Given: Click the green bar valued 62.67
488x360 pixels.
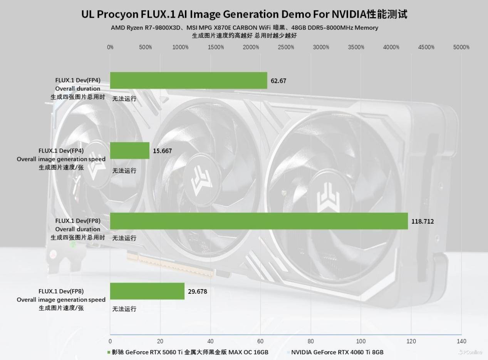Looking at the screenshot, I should coord(189,80).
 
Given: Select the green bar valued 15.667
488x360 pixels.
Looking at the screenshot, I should coord(130,151).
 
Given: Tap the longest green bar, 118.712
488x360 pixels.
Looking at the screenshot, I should coord(259,221).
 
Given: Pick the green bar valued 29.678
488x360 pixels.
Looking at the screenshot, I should coord(147,291).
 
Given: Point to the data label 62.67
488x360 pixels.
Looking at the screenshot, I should coord(278,81).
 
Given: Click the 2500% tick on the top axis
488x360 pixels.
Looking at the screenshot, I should coord(286,47).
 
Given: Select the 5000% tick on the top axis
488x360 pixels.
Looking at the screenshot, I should coord(461,47).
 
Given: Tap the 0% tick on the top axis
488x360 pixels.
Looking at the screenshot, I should coord(110,47).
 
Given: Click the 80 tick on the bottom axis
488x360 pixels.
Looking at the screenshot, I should coord(311,341).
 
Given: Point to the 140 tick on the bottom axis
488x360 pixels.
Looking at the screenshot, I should coord(461,341).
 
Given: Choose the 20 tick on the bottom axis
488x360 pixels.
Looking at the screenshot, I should coord(160,341).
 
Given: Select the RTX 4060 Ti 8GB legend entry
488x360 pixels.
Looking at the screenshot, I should coord(337,352).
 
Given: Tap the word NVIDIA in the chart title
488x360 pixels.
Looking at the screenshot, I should coord(346,14).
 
